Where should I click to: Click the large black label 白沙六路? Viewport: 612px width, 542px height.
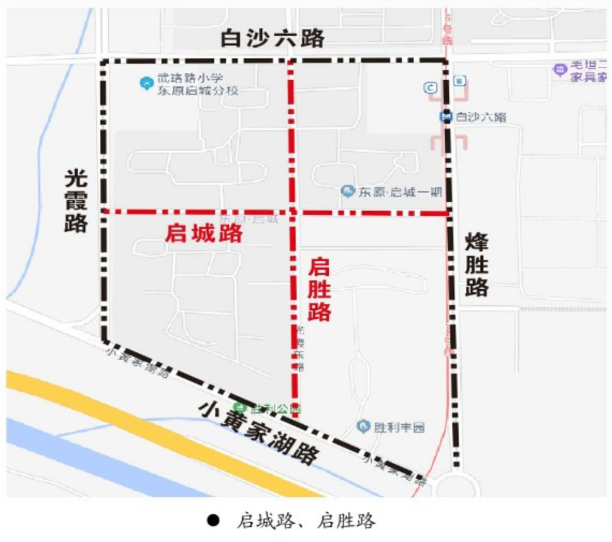click(273, 39)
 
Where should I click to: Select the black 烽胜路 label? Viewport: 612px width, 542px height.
click(477, 266)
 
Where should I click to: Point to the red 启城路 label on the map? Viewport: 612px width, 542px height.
click(203, 234)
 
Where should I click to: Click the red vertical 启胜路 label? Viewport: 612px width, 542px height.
click(320, 289)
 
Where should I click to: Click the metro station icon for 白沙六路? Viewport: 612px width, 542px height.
click(447, 117)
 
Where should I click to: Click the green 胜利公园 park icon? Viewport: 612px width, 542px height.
click(241, 408)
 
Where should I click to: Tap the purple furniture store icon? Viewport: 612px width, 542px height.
click(560, 70)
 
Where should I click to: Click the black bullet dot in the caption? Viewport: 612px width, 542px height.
click(214, 520)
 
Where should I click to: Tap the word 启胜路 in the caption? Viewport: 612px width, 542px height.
click(346, 520)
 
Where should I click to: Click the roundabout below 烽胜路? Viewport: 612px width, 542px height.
click(456, 486)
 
